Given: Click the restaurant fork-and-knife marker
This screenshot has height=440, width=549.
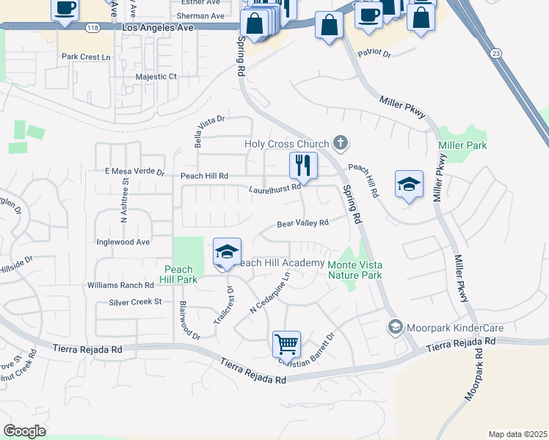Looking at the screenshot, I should pyautogui.click(x=303, y=165).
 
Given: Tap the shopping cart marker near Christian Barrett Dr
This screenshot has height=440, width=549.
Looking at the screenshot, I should pyautogui.click(x=286, y=343).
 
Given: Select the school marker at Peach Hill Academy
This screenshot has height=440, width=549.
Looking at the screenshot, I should pyautogui.click(x=228, y=253).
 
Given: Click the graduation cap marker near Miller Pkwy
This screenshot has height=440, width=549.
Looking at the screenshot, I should pyautogui.click(x=409, y=184).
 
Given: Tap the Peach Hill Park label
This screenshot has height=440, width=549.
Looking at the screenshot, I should pyautogui.click(x=179, y=274).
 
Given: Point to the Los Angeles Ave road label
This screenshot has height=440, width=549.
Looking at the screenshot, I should pyautogui.click(x=158, y=28).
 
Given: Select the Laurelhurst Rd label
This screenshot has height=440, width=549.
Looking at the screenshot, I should pyautogui.click(x=275, y=188).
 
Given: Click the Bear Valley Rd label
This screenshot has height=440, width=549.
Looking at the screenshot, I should pyautogui.click(x=302, y=223).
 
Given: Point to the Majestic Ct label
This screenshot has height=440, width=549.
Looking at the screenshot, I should pyautogui.click(x=156, y=76).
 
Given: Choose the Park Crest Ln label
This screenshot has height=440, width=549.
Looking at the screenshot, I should pyautogui.click(x=86, y=56).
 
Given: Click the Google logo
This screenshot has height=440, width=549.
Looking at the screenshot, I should pyautogui.click(x=24, y=431).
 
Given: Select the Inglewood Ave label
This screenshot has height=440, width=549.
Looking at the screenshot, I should pyautogui.click(x=123, y=242).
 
